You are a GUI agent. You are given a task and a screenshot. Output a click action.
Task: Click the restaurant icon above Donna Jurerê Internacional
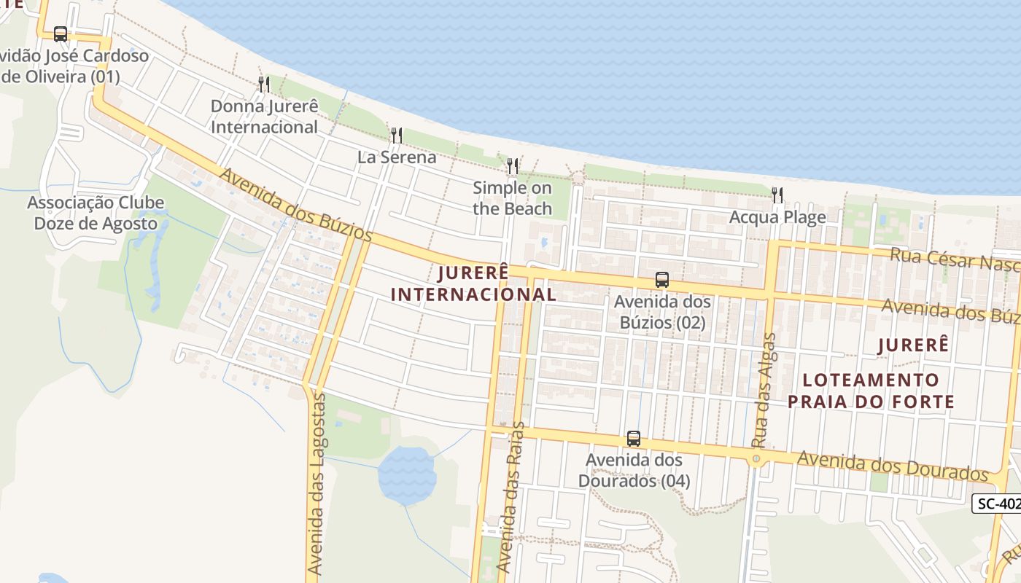click(x=264, y=85)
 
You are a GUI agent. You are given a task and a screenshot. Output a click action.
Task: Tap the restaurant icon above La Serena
click(x=396, y=135)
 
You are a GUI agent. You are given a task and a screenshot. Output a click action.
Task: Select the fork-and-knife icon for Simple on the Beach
click(x=513, y=166)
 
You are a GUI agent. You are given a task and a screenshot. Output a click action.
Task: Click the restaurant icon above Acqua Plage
click(x=777, y=195)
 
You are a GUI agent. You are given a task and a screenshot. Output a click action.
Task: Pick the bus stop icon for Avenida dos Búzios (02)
click(x=661, y=279)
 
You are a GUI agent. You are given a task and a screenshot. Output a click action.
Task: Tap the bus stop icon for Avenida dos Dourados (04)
click(x=634, y=439)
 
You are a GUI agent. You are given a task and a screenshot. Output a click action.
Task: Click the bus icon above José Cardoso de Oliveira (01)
click(x=61, y=34)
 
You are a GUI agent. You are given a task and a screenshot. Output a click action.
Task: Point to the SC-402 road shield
click(x=998, y=503)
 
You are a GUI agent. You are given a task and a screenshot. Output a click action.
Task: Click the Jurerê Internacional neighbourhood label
click(x=474, y=283)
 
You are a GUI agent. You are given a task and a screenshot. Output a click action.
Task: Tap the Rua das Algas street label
click(x=763, y=390)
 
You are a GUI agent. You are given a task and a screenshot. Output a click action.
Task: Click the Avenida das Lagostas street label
click(x=316, y=485)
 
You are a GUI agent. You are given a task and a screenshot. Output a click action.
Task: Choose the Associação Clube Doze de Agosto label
click(x=96, y=213)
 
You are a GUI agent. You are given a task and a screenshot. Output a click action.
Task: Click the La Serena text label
click(x=397, y=157)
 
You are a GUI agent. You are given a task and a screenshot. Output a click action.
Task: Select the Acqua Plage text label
click(x=777, y=217)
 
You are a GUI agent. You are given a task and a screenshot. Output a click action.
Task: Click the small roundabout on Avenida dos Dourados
click(x=756, y=459)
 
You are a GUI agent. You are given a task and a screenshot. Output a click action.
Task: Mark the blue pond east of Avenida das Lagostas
click(x=406, y=474)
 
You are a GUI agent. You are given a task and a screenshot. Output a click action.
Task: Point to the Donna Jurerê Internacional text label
click(x=264, y=117)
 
